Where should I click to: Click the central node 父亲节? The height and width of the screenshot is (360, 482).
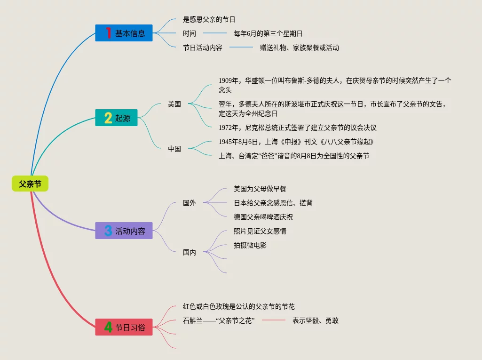(x=30, y=184)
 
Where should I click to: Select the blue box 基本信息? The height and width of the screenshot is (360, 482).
(x=124, y=33)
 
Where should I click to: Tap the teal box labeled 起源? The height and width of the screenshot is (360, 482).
(x=116, y=118)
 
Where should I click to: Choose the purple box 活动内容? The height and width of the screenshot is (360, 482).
(x=124, y=231)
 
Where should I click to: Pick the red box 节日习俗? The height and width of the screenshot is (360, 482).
(x=124, y=327)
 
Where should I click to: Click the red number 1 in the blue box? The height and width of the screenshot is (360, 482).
(x=108, y=33)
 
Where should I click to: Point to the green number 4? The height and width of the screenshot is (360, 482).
(x=108, y=327)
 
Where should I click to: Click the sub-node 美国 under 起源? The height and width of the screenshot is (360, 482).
(x=174, y=104)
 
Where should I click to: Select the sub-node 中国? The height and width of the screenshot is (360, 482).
(x=174, y=149)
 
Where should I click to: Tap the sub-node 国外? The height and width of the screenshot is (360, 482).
(x=190, y=203)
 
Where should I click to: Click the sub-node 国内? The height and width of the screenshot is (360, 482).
(x=190, y=252)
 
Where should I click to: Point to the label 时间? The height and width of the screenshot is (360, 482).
(x=190, y=33)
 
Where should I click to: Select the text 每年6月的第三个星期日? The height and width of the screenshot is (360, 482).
(x=268, y=33)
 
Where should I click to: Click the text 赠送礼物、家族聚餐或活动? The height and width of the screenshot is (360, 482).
(x=300, y=48)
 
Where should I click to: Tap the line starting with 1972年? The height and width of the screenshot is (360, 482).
(x=297, y=128)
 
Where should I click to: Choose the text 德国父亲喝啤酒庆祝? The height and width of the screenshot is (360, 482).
(x=263, y=217)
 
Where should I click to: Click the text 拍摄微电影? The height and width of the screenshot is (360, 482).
(x=250, y=245)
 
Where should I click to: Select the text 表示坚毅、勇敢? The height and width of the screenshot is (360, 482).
(x=316, y=320)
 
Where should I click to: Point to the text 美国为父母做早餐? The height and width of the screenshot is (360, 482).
(x=260, y=189)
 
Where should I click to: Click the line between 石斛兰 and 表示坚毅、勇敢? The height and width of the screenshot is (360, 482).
(x=274, y=320)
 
